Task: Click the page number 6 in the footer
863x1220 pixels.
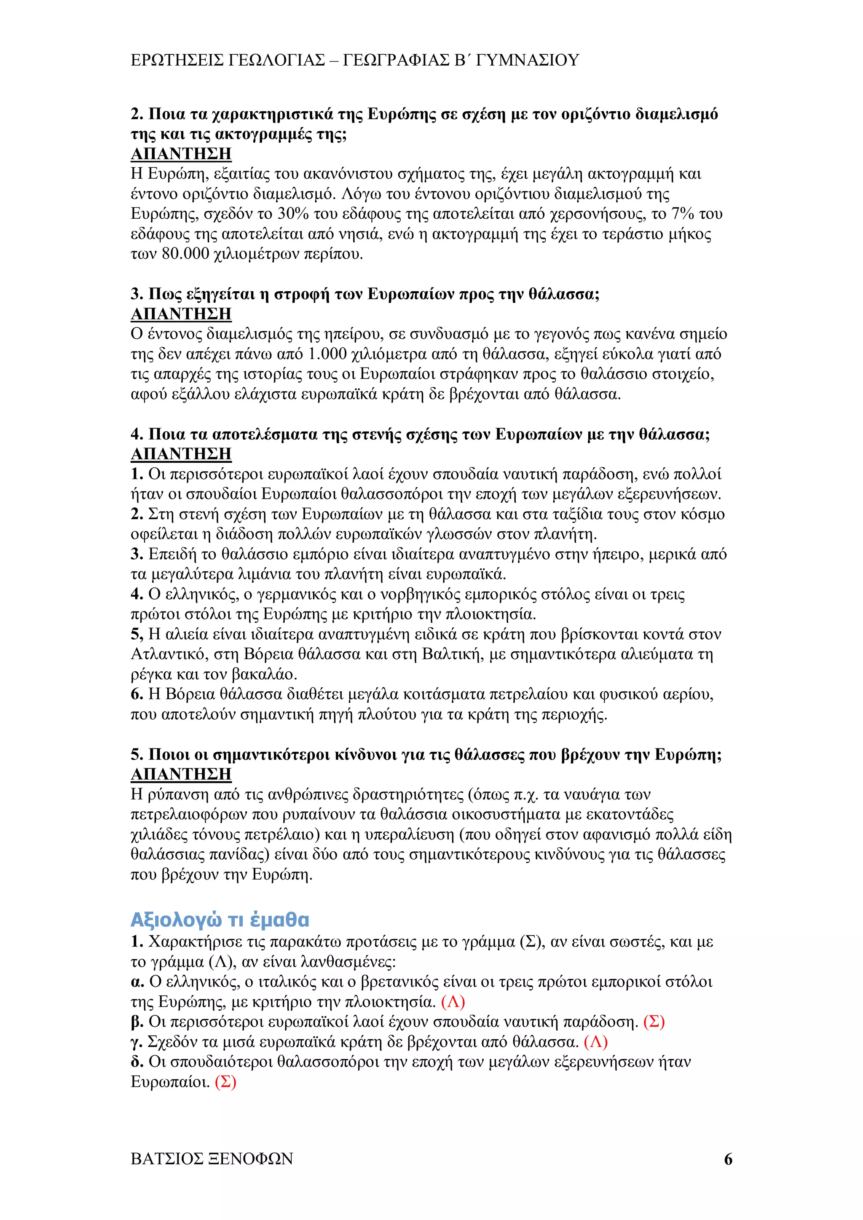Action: pos(728,1159)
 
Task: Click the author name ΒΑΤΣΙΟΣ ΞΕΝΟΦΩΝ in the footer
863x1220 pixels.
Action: pos(212,1159)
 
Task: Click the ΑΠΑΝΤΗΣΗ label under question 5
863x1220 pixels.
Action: pos(181,774)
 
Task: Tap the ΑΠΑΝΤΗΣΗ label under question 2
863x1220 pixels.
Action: pos(181,154)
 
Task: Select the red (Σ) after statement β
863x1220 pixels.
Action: pos(654,1022)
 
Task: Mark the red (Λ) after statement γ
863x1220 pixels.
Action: pos(595,1042)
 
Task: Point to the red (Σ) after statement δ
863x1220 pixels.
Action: pos(225,1082)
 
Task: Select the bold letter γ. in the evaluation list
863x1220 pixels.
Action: pos(137,1042)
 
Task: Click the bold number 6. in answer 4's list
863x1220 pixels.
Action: pos(137,694)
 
